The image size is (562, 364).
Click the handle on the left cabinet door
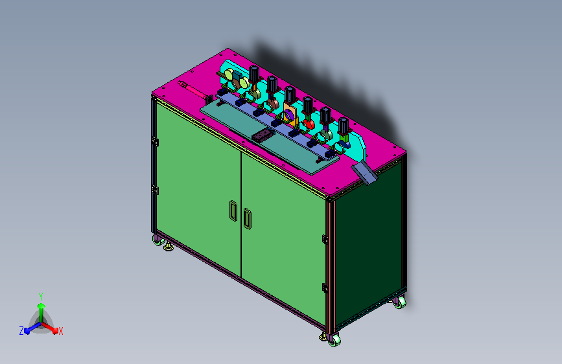233,210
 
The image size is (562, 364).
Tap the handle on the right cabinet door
248,218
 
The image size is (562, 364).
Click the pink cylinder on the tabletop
194,90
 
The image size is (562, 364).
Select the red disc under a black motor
309,124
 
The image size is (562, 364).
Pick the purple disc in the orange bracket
289,115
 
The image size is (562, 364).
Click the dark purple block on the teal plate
263,135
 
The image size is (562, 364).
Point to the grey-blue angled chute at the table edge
364,172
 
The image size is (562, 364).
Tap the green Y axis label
41,297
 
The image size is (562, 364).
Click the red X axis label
60,332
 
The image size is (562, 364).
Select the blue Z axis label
21,331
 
